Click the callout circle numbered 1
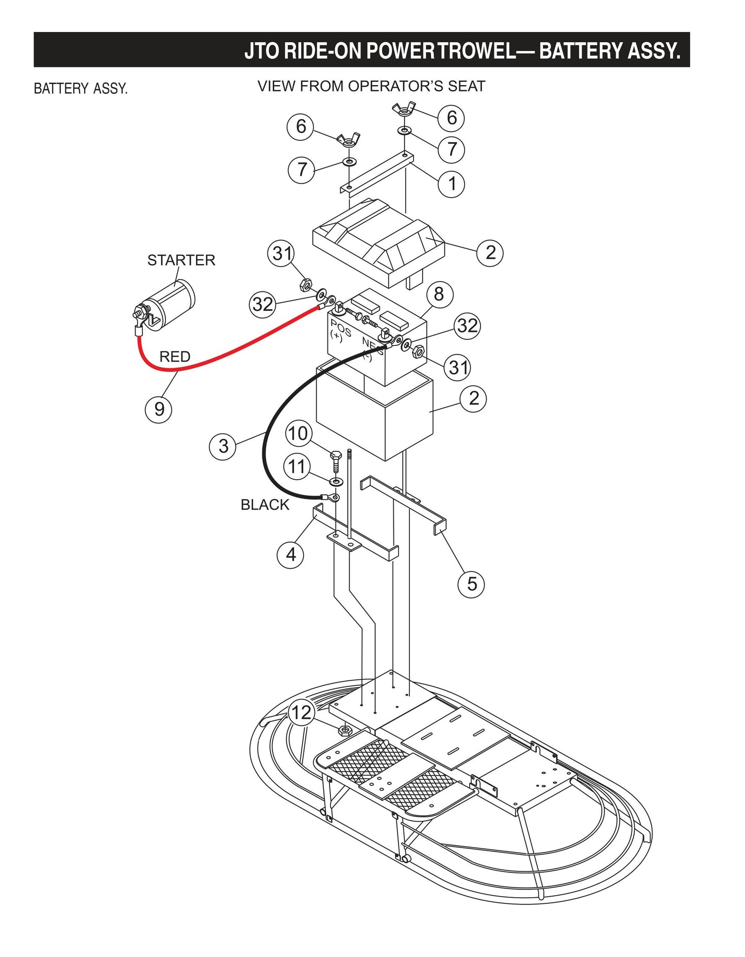click(x=452, y=184)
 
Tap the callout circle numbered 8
click(x=439, y=294)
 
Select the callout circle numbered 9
click(x=159, y=409)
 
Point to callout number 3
click(x=223, y=446)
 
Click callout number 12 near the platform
click(x=302, y=713)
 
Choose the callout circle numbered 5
click(x=471, y=584)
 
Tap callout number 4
click(x=291, y=555)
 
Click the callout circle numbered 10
click(x=299, y=434)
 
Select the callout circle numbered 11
click(x=297, y=467)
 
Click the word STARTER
click(x=181, y=260)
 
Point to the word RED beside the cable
click(x=175, y=356)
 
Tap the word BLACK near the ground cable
click(x=265, y=505)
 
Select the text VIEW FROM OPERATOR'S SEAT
click(x=371, y=86)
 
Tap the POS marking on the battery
click(x=340, y=327)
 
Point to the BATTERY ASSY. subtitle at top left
click(x=80, y=89)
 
